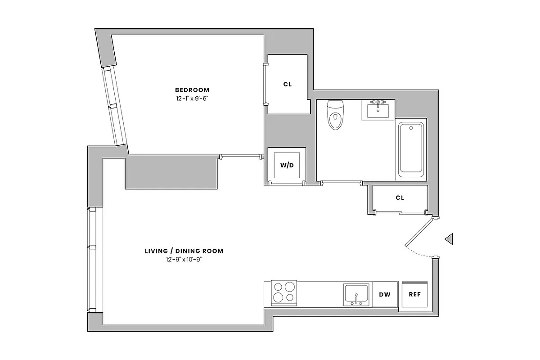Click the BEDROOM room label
click(x=192, y=90)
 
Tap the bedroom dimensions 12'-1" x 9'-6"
click(x=192, y=98)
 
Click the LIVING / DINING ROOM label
click(x=184, y=251)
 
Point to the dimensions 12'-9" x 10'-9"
click(x=184, y=259)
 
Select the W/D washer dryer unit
click(x=287, y=165)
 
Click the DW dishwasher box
click(x=384, y=295)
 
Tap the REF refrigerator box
click(x=414, y=295)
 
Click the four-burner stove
click(x=284, y=292)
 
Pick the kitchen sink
click(x=357, y=295)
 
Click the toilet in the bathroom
click(x=335, y=115)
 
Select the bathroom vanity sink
click(x=378, y=109)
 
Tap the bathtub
click(x=411, y=148)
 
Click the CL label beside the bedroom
click(x=288, y=84)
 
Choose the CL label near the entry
click(x=400, y=198)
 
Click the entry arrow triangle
click(x=449, y=239)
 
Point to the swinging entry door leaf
click(x=419, y=232)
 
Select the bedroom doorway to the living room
click(x=241, y=156)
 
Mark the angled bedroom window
click(x=113, y=107)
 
